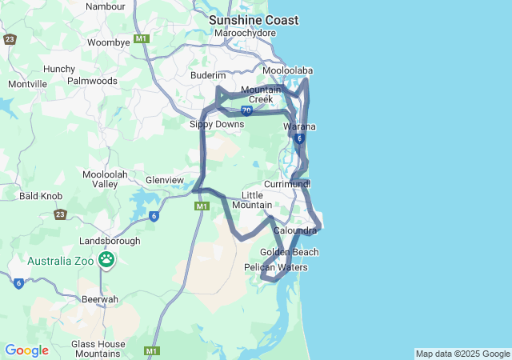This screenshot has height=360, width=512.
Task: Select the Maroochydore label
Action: pyautogui.click(x=245, y=34)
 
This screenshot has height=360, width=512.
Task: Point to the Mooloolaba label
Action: pyautogui.click(x=287, y=70)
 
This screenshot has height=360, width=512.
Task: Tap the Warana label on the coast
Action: pyautogui.click(x=300, y=127)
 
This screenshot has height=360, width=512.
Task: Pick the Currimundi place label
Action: pyautogui.click(x=286, y=184)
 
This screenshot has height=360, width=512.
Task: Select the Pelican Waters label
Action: pyautogui.click(x=275, y=267)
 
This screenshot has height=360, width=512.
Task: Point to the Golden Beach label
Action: pyautogui.click(x=289, y=252)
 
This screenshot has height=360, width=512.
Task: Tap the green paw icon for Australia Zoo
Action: pyautogui.click(x=106, y=259)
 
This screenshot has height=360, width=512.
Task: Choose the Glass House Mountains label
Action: pyautogui.click(x=96, y=348)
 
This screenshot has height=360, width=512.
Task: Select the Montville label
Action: pyautogui.click(x=28, y=84)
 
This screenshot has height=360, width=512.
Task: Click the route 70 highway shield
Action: pyautogui.click(x=246, y=110)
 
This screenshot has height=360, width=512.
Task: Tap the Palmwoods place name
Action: pyautogui.click(x=92, y=81)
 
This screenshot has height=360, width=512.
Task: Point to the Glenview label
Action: pyautogui.click(x=164, y=180)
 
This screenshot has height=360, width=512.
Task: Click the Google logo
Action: pyautogui.click(x=26, y=350)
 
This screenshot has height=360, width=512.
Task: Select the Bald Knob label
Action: pyautogui.click(x=41, y=195)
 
